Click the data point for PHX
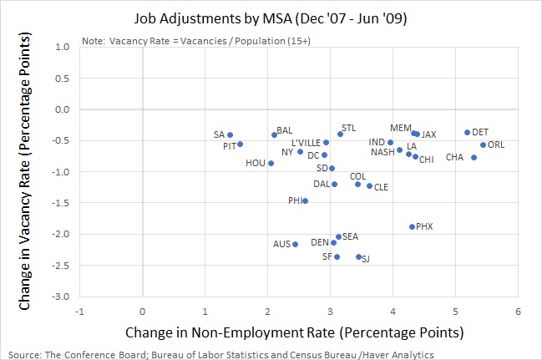pyautogui.click(x=412, y=226)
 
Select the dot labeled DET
pyautogui.click(x=467, y=132)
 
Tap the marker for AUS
pyautogui.click(x=295, y=244)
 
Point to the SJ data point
pyautogui.click(x=358, y=256)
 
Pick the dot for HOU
pyautogui.click(x=271, y=163)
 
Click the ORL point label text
pyautogui.click(x=496, y=145)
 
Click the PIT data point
pyautogui.click(x=240, y=144)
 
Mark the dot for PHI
pyautogui.click(x=305, y=200)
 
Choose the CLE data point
pyautogui.click(x=369, y=185)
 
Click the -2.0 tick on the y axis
pyautogui.click(x=60, y=234)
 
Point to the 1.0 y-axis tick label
pyautogui.click(x=62, y=47)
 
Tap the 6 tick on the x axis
pyautogui.click(x=518, y=312)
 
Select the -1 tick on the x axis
pyautogui.click(x=79, y=312)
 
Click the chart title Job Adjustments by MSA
pyautogui.click(x=271, y=16)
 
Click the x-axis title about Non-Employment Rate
pyautogui.click(x=294, y=332)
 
